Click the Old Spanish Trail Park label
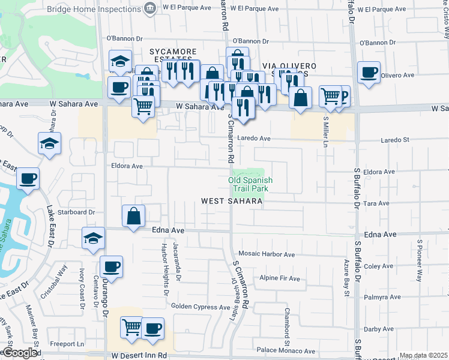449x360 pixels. pyautogui.click(x=250, y=184)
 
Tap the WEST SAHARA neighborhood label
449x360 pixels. pyautogui.click(x=232, y=202)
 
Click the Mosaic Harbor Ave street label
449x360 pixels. pyautogui.click(x=267, y=254)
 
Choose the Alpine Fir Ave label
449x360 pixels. pyautogui.click(x=279, y=278)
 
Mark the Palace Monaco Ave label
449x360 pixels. pyautogui.click(x=286, y=351)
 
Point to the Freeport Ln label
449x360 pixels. pyautogui.click(x=67, y=344)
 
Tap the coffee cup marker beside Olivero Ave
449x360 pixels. pyautogui.click(x=368, y=73)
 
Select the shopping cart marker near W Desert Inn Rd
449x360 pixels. pyautogui.click(x=132, y=328)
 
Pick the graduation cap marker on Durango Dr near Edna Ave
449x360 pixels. pyautogui.click(x=93, y=239)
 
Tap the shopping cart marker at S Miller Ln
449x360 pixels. pyautogui.click(x=330, y=96)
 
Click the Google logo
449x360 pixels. pyautogui.click(x=19, y=353)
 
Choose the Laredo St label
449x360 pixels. pyautogui.click(x=395, y=140)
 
